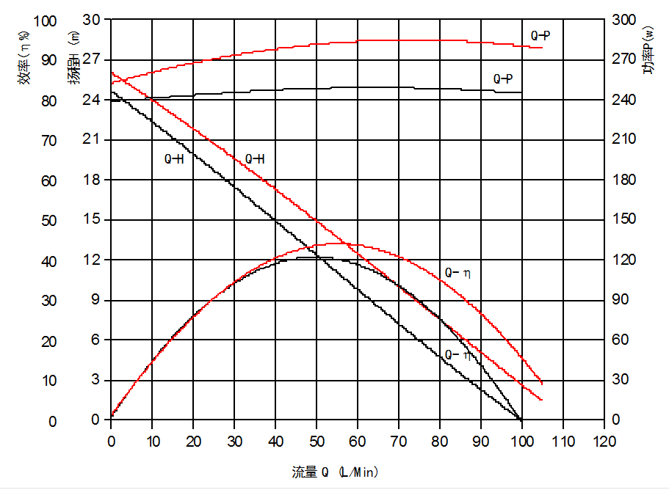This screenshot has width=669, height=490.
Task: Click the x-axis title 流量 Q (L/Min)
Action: pyautogui.click(x=335, y=472)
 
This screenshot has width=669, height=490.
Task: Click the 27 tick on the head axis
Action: pyautogui.click(x=91, y=60)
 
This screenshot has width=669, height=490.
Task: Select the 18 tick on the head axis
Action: pyautogui.click(x=91, y=180)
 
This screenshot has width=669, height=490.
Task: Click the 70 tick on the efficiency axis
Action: pyautogui.click(x=48, y=140)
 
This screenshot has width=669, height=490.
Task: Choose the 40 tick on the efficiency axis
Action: pyautogui.click(x=48, y=261)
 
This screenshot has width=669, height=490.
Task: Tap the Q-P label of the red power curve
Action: pyautogui.click(x=541, y=35)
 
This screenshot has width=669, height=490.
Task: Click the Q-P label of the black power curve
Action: pyautogui.click(x=503, y=78)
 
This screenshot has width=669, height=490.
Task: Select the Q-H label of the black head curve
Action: pyautogui.click(x=173, y=158)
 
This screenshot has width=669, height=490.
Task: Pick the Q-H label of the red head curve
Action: pyautogui.click(x=255, y=158)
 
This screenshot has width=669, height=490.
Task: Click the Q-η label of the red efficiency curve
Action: pyautogui.click(x=458, y=273)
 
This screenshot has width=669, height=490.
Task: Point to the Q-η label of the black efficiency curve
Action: pyautogui.click(x=458, y=355)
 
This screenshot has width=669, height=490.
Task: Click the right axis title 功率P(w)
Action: pyautogui.click(x=648, y=50)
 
